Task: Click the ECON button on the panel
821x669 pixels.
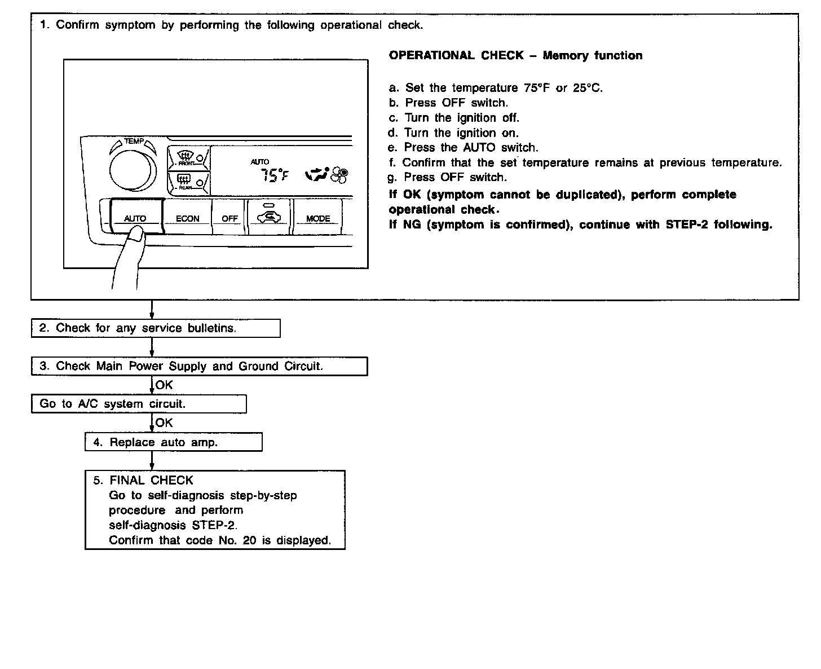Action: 187,217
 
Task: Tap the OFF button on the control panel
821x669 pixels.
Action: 229,217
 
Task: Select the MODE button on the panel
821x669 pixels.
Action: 318,217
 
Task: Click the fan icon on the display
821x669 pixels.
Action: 339,175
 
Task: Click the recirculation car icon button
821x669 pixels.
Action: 269,216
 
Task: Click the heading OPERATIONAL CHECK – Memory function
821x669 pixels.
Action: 515,55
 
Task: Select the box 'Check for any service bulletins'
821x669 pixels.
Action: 156,328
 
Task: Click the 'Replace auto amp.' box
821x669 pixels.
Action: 173,442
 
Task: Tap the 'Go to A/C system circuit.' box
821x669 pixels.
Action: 138,404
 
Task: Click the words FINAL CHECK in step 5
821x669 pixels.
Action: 151,480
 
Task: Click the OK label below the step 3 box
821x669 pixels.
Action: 164,385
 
